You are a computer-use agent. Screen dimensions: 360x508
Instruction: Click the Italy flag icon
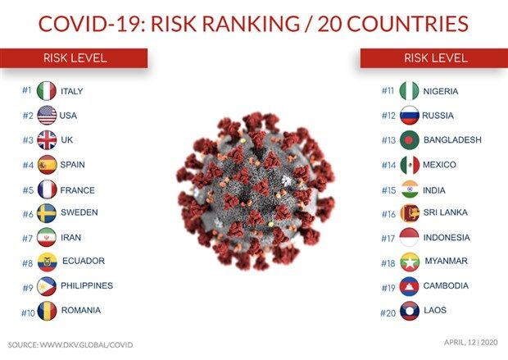(47, 91)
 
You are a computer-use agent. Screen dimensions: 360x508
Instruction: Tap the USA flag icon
(47, 116)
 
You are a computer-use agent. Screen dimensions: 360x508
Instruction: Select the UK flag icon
(47, 140)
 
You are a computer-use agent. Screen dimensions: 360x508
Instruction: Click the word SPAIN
(73, 164)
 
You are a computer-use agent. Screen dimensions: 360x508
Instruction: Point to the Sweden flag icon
(47, 213)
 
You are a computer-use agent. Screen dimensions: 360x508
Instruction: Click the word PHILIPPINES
(87, 286)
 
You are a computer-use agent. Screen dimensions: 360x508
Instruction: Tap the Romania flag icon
(47, 311)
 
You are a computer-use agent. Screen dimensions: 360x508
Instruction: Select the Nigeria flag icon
(409, 91)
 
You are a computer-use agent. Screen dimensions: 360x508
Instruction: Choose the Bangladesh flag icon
(409, 140)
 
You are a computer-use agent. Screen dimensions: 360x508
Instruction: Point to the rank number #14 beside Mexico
(388, 165)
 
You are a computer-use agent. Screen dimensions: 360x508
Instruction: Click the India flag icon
(409, 189)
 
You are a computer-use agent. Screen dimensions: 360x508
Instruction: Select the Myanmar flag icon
(409, 262)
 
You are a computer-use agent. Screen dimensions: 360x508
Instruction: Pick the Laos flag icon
(409, 312)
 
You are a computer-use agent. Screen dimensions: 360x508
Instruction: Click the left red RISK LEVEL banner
(75, 58)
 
